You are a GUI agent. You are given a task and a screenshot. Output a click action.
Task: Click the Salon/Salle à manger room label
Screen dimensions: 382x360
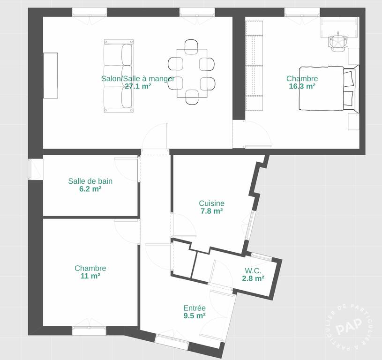pos(138,79)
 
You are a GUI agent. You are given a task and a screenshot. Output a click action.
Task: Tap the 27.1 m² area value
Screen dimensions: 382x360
pos(138,86)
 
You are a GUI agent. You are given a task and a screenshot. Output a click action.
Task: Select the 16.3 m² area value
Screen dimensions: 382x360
pos(302,86)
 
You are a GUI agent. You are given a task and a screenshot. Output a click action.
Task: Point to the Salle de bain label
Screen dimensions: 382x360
pos(90,181)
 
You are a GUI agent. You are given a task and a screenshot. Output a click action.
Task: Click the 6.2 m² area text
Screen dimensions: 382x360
pos(90,189)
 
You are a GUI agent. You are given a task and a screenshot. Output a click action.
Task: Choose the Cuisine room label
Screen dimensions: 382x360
pos(211,203)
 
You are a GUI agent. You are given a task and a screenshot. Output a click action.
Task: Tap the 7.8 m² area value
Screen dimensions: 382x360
pos(211,211)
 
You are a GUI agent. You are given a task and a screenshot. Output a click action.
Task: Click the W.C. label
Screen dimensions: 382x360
pos(253,270)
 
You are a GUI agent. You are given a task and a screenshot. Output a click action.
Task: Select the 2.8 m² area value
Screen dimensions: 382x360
pos(253,278)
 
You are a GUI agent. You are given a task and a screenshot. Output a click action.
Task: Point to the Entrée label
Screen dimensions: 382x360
pos(195,308)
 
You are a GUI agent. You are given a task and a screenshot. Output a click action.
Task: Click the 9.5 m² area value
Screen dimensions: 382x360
pos(195,315)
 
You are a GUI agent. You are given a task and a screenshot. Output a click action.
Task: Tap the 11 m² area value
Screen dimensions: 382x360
pos(90,276)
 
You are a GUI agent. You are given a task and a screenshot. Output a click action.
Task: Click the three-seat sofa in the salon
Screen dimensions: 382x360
pos(119,76)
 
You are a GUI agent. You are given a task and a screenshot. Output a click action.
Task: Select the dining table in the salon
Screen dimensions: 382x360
pos(192,73)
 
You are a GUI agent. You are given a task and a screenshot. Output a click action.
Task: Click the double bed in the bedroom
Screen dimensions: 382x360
pos(329,89)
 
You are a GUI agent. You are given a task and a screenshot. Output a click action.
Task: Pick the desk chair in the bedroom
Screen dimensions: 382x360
pos(338,42)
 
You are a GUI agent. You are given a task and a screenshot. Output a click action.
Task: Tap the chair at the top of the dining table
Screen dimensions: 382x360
pos(191,46)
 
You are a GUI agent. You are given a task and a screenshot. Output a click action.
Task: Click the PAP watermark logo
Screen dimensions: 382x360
pos(348,326)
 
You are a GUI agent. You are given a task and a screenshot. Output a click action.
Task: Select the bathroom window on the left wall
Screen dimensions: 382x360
pos(36,169)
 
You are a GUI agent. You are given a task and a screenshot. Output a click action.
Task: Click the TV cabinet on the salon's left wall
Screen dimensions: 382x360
pos(51,75)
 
